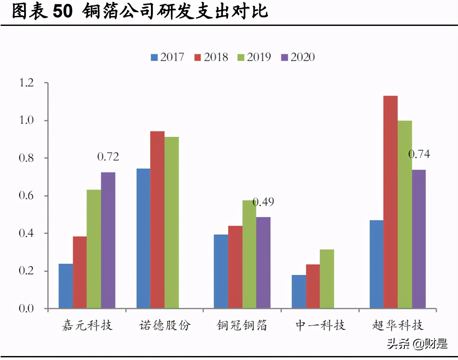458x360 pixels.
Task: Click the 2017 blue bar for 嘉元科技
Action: click(66, 286)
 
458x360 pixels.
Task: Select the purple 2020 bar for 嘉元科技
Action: click(108, 240)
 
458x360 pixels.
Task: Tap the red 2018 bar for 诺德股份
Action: click(157, 220)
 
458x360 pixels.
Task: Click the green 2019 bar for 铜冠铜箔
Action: click(249, 254)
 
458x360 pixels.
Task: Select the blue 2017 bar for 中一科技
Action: click(299, 292)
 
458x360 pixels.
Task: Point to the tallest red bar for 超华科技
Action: click(390, 202)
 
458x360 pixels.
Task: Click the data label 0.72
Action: click(108, 157)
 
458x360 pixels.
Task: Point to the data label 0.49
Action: click(263, 202)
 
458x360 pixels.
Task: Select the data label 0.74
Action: click(419, 154)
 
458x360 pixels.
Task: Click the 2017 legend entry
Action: click(168, 57)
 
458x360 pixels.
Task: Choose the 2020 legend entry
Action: click(298, 57)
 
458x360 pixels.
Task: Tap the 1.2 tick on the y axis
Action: click(26, 83)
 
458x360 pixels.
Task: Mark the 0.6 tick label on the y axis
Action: click(26, 196)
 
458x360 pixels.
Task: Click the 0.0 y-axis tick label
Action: click(26, 309)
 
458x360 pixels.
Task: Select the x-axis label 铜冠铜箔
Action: click(242, 325)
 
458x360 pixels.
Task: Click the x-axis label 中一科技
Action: click(320, 325)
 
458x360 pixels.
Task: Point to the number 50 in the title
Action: click(62, 11)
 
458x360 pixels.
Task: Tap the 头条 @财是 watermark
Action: click(417, 344)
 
